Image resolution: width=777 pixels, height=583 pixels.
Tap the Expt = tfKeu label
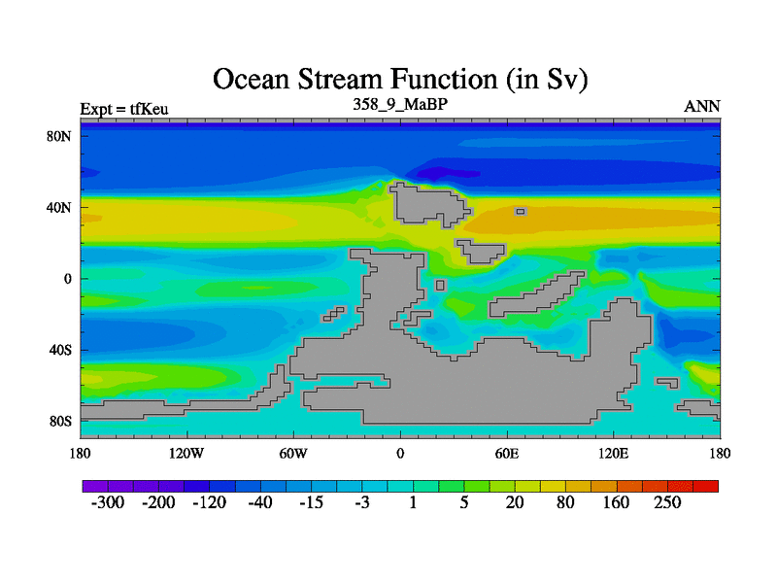click(124, 109)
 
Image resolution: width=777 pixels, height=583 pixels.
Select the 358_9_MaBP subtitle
click(400, 104)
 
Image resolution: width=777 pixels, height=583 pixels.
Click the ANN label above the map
click(701, 106)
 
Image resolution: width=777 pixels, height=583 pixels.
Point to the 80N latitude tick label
click(59, 136)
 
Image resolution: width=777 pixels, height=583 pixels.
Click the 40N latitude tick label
click(59, 207)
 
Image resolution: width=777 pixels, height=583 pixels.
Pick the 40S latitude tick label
click(60, 350)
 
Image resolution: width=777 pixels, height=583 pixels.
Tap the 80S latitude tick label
click(60, 421)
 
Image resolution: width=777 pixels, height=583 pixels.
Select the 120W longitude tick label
click(186, 453)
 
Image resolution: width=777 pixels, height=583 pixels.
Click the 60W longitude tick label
click(293, 453)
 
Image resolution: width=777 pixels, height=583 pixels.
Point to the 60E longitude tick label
click(507, 453)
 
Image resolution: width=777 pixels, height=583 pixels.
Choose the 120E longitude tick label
click(614, 453)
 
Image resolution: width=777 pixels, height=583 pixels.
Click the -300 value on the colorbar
click(108, 502)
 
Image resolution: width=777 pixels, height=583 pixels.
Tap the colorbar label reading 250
click(667, 502)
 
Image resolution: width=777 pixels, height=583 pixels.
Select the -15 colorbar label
click(311, 502)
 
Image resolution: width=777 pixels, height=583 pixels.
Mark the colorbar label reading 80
click(565, 502)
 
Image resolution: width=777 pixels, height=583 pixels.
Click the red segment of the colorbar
click(706, 486)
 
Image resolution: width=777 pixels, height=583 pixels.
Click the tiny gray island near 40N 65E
click(521, 212)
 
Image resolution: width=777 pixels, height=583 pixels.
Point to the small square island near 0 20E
click(441, 285)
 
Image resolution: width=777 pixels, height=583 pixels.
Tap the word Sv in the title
click(562, 80)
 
